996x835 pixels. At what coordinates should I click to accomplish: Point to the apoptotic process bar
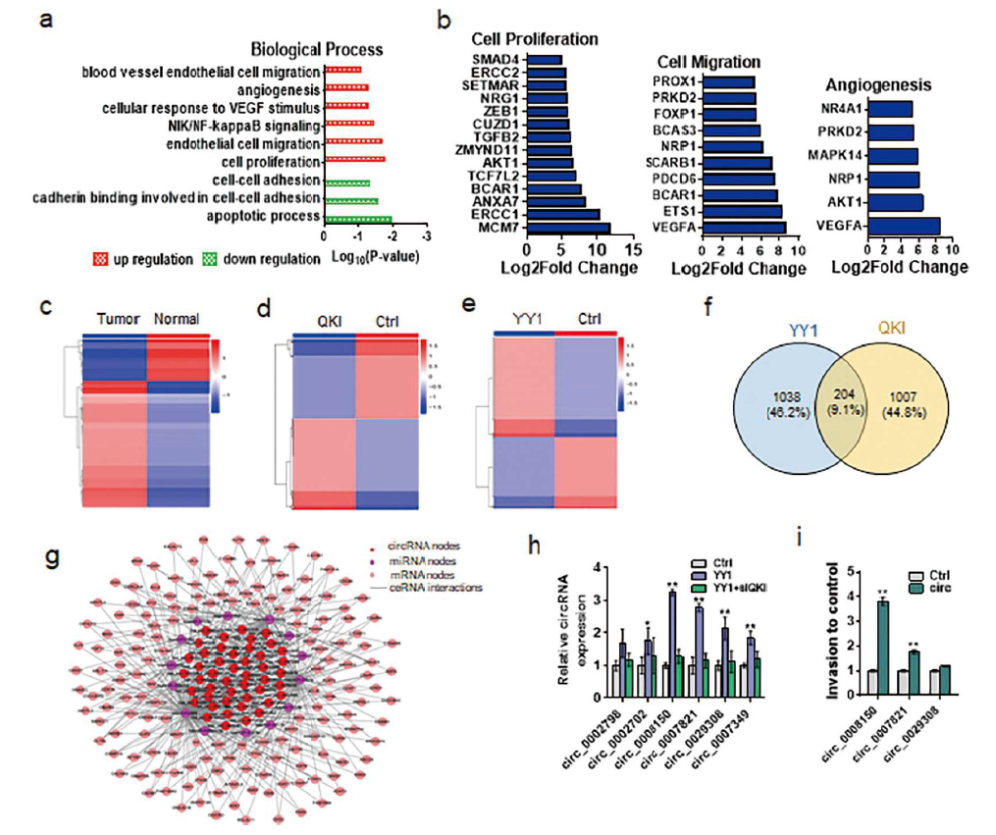pyautogui.click(x=357, y=217)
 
